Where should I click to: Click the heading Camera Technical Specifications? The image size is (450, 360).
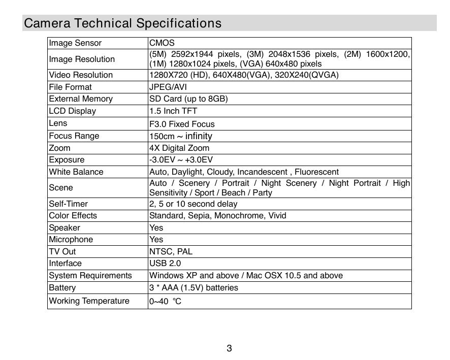123,23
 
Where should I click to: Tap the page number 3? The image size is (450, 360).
230,348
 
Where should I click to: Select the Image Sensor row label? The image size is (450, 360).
75,43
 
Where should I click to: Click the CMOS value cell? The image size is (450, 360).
162,43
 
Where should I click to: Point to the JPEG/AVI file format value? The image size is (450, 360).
168,87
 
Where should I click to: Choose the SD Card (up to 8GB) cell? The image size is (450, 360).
188,99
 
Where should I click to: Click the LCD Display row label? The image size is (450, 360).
72,111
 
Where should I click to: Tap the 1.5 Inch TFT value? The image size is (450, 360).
173,111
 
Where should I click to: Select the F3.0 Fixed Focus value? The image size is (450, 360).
182,124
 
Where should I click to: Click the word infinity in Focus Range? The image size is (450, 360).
199,136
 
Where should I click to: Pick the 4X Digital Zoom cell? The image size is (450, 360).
179,148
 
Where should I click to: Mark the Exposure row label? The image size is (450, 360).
67,160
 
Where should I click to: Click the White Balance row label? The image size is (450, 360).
76,172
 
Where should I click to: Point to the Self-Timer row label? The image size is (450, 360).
68,204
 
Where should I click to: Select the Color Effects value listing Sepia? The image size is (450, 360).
218,216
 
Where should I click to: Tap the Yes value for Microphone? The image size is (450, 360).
156,240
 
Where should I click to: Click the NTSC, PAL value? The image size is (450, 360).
171,252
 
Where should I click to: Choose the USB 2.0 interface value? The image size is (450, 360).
165,264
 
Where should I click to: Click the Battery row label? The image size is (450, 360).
62,288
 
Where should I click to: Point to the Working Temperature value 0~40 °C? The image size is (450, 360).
166,302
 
